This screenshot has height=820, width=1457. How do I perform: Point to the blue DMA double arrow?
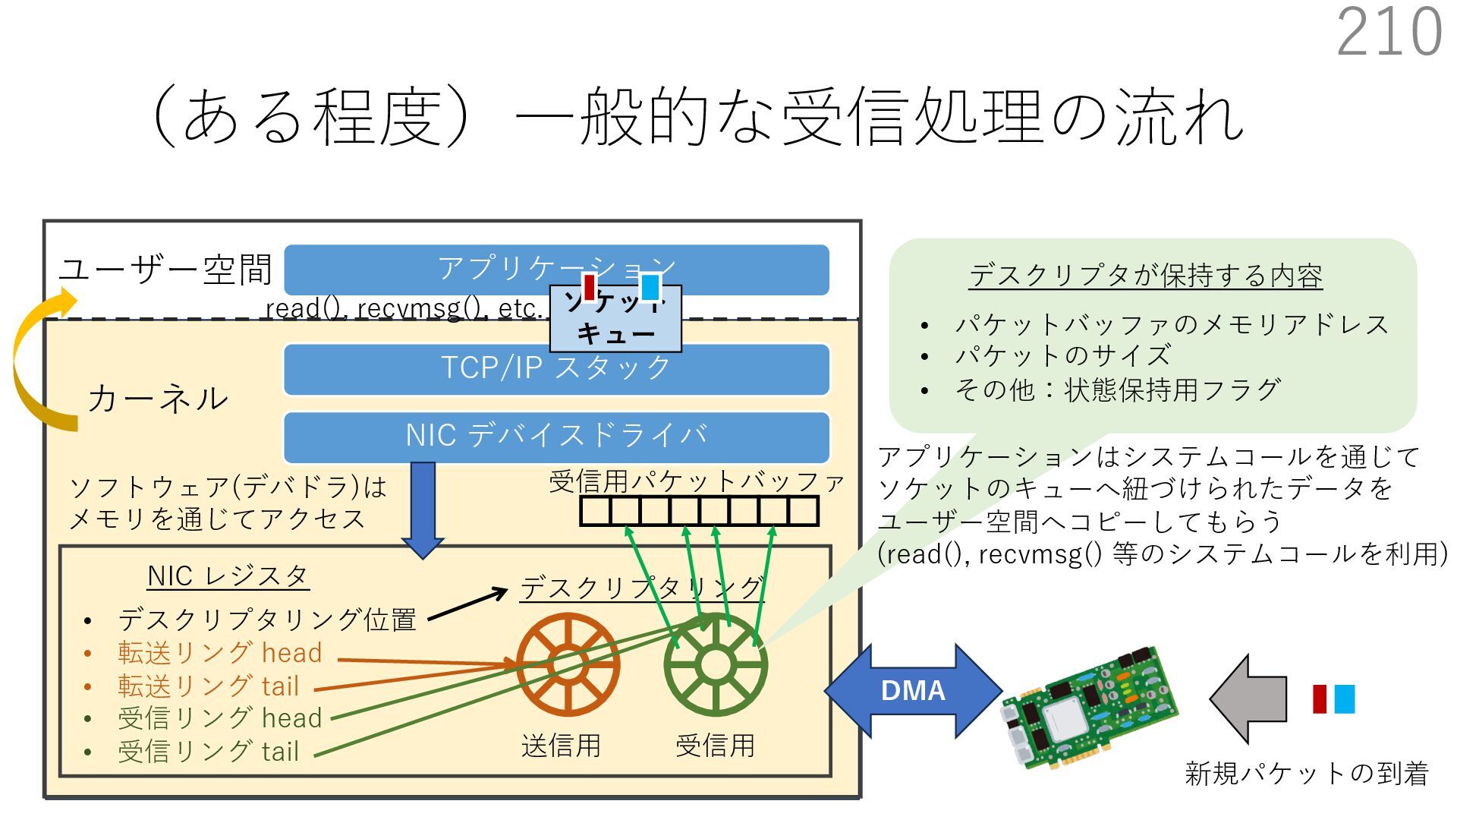(x=913, y=690)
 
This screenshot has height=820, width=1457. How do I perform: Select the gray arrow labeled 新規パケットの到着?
(x=1248, y=699)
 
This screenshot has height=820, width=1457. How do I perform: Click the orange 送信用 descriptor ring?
(x=568, y=665)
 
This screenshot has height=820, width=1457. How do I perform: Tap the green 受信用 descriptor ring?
(x=715, y=665)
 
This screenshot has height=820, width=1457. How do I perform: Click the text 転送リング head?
(x=219, y=653)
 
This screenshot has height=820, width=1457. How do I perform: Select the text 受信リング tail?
(x=208, y=752)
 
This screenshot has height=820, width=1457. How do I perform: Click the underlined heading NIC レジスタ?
(x=228, y=576)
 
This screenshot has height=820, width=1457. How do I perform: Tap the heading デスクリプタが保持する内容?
(x=1145, y=276)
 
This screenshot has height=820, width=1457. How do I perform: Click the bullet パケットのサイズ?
(x=1062, y=355)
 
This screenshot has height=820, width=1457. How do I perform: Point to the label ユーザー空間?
(x=165, y=270)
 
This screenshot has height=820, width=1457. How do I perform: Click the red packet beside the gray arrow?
(x=1320, y=699)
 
